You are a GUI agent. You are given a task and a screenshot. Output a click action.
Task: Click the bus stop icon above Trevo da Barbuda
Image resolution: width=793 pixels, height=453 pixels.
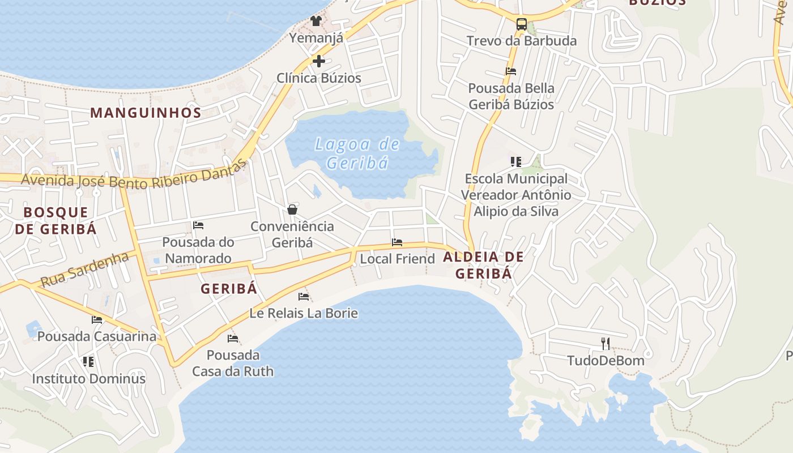pyautogui.click(x=522, y=24)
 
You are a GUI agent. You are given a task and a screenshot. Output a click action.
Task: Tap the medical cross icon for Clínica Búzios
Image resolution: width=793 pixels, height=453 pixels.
pyautogui.click(x=319, y=61)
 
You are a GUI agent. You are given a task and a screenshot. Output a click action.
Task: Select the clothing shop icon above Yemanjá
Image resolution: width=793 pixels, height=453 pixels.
pyautogui.click(x=316, y=21)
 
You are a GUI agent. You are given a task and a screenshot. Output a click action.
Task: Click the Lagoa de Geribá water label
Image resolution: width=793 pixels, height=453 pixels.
pyautogui.click(x=357, y=153)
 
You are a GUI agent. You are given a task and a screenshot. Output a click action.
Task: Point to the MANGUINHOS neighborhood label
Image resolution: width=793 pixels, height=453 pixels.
pyautogui.click(x=146, y=113)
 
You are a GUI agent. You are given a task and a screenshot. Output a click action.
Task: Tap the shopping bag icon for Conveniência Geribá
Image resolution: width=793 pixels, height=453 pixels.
pyautogui.click(x=292, y=210)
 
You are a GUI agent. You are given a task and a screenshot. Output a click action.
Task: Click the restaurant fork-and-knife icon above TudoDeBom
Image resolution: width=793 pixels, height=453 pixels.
pyautogui.click(x=606, y=343)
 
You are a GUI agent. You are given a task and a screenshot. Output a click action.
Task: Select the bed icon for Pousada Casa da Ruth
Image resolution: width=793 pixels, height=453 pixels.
pyautogui.click(x=233, y=339)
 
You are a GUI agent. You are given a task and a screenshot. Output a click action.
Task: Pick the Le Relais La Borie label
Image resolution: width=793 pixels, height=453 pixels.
pyautogui.click(x=304, y=313)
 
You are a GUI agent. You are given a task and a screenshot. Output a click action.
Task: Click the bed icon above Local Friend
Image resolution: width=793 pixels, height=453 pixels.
pyautogui.click(x=397, y=242)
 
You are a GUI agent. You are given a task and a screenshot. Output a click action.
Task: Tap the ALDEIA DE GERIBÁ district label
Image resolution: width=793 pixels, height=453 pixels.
pyautogui.click(x=484, y=265)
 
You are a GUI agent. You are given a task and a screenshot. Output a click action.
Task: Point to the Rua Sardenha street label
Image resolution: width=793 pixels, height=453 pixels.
pyautogui.click(x=85, y=270)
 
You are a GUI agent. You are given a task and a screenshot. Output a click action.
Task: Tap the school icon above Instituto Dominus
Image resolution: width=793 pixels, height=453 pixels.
pyautogui.click(x=88, y=361)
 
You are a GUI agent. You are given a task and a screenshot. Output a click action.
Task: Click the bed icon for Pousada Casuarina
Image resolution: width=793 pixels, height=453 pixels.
pyautogui.click(x=97, y=320)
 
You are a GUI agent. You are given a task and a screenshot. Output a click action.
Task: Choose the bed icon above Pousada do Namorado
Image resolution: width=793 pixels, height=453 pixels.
pyautogui.click(x=198, y=225)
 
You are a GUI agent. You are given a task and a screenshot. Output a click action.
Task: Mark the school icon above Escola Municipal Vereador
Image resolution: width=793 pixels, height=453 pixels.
pyautogui.click(x=515, y=162)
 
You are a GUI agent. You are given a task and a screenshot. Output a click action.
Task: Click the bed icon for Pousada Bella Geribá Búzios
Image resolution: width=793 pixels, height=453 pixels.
pyautogui.click(x=511, y=71)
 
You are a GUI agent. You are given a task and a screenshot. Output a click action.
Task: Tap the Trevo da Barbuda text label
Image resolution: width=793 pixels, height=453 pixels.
pyautogui.click(x=522, y=41)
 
